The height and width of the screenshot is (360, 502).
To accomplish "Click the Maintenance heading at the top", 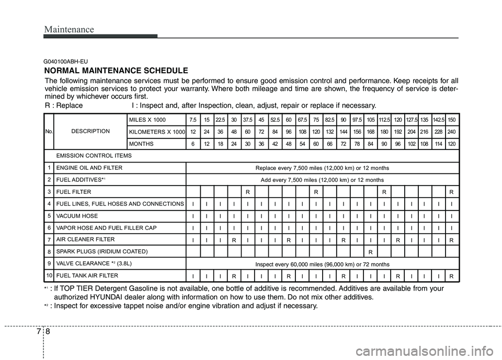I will [x=69, y=29].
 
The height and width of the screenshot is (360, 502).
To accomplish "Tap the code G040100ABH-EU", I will [x=65, y=61].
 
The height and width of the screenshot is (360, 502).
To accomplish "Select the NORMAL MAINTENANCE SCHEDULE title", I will [x=116, y=71].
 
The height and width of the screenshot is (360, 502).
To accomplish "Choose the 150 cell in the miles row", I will [x=452, y=119].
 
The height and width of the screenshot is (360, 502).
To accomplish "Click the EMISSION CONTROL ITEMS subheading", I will [x=87, y=156].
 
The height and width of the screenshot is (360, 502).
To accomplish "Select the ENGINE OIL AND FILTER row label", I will [x=89, y=168].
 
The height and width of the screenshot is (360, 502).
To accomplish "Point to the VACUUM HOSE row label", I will [x=76, y=216].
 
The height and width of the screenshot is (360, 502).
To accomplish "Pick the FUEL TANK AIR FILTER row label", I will [x=87, y=275].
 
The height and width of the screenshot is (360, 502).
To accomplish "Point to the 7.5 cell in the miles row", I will [x=193, y=119].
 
